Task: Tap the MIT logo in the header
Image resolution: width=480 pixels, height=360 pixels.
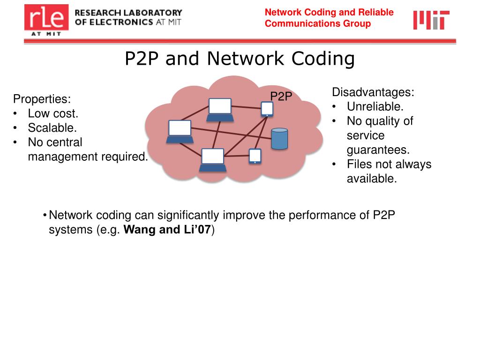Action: [431, 20]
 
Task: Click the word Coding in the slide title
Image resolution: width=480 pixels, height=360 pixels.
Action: [323, 59]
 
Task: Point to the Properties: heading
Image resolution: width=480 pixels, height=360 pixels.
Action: [42, 99]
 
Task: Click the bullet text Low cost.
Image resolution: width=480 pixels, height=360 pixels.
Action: [53, 113]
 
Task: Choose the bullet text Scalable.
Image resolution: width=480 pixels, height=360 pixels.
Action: [52, 127]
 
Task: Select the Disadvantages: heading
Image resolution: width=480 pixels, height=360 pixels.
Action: [373, 92]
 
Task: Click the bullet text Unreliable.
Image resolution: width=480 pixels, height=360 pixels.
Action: [375, 106]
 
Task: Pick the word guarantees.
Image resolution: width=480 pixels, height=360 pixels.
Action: [378, 150]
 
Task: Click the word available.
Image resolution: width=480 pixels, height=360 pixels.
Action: [372, 179]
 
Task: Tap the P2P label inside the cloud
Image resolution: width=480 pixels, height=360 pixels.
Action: [281, 97]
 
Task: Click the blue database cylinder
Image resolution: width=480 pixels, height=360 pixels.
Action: [279, 139]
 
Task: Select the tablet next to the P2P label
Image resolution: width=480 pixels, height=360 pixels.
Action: [267, 109]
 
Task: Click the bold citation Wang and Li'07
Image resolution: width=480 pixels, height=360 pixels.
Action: [167, 230]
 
